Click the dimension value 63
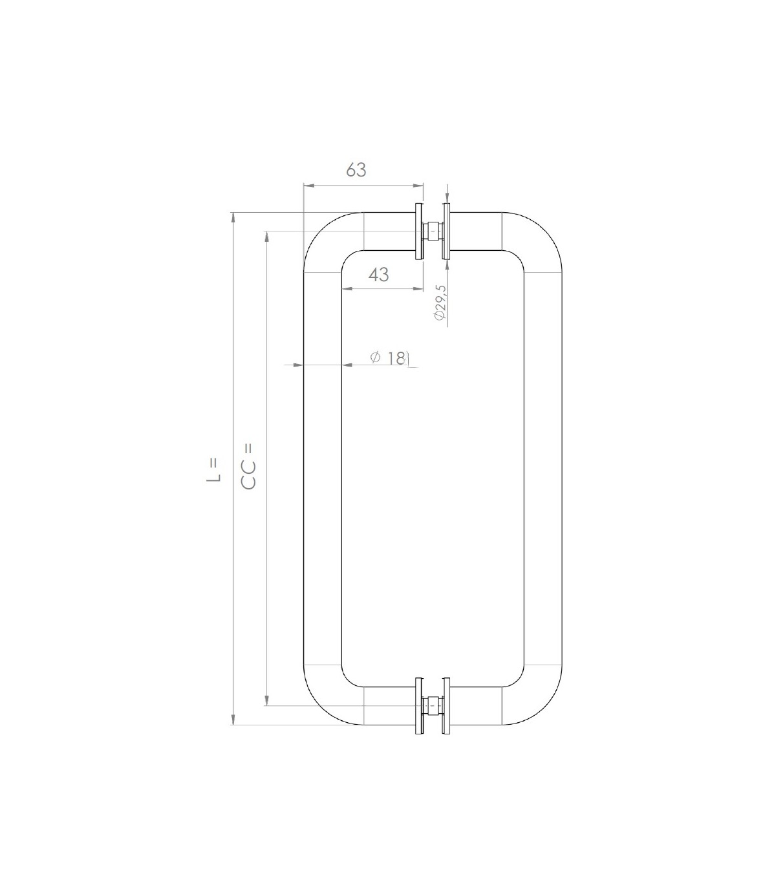point(356,170)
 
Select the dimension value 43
point(378,274)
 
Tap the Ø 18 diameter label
point(389,358)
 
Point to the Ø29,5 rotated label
point(440,303)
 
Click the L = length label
point(214,471)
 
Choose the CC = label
point(249,466)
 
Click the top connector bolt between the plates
point(433,231)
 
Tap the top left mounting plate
point(419,231)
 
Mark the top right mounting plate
point(447,231)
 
